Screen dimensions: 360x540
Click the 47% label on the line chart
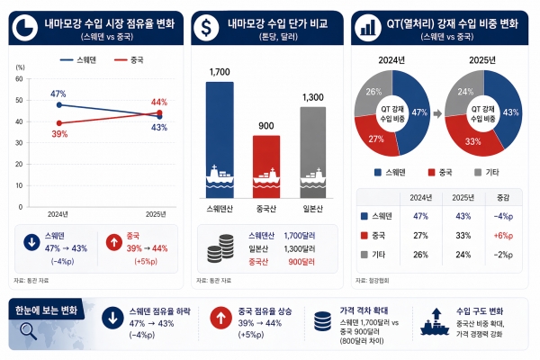(58, 94)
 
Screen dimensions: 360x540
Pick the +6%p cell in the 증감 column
(503, 235)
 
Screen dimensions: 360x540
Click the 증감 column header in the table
(503, 197)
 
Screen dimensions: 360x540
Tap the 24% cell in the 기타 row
(460, 254)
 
